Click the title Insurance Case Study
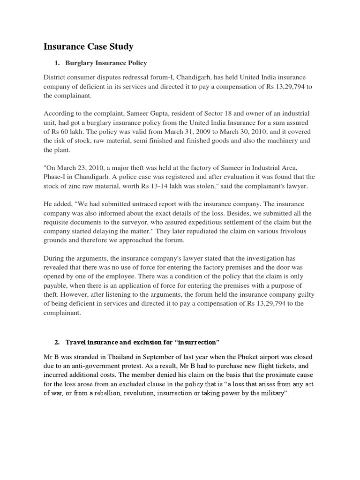(88, 46)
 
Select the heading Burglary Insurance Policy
(106, 63)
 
